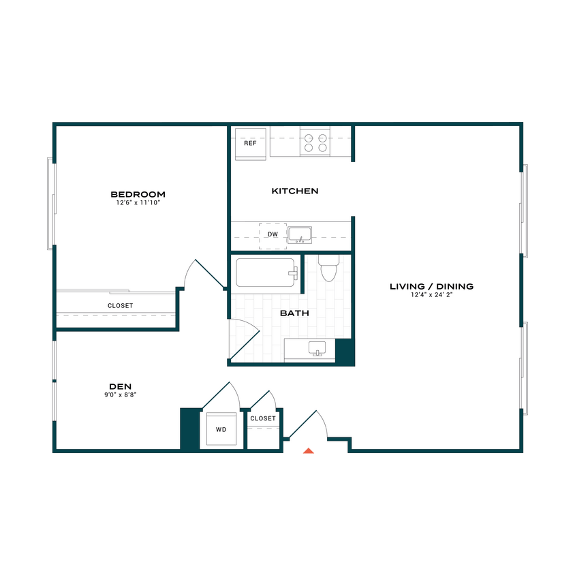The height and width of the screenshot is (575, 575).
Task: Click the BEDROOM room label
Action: click(138, 194)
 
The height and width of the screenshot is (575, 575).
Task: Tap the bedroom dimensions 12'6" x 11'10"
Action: click(138, 203)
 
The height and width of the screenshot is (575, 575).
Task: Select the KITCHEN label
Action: click(295, 191)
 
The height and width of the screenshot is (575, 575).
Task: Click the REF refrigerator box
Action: click(250, 144)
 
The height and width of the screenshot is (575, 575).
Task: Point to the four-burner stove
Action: click(315, 142)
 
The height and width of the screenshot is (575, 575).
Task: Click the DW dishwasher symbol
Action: click(273, 235)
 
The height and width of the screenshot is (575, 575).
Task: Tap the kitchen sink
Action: click(299, 235)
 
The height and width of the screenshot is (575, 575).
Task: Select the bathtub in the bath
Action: click(266, 274)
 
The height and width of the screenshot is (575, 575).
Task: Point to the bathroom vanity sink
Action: click(317, 349)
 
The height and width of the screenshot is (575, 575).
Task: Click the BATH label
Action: click(294, 313)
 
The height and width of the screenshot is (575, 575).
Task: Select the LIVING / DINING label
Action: click(431, 286)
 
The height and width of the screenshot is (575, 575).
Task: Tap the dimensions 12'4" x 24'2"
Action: click(431, 295)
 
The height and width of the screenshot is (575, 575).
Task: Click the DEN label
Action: click(120, 386)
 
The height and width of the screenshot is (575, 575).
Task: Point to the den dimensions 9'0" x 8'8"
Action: click(120, 394)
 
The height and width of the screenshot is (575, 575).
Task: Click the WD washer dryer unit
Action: click(221, 430)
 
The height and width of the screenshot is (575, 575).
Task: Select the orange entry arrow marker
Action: click(309, 450)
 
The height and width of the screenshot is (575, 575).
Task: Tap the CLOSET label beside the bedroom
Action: click(121, 306)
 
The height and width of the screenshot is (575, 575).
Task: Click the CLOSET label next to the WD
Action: click(263, 418)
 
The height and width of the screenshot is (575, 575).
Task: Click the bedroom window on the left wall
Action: click(50, 203)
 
